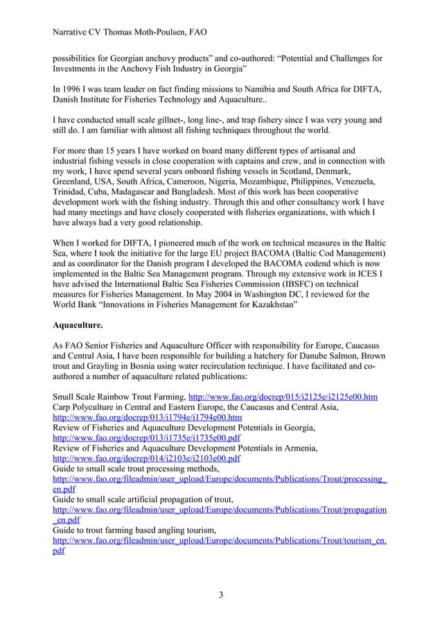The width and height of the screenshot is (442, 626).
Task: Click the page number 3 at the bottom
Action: pyautogui.click(x=220, y=594)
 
